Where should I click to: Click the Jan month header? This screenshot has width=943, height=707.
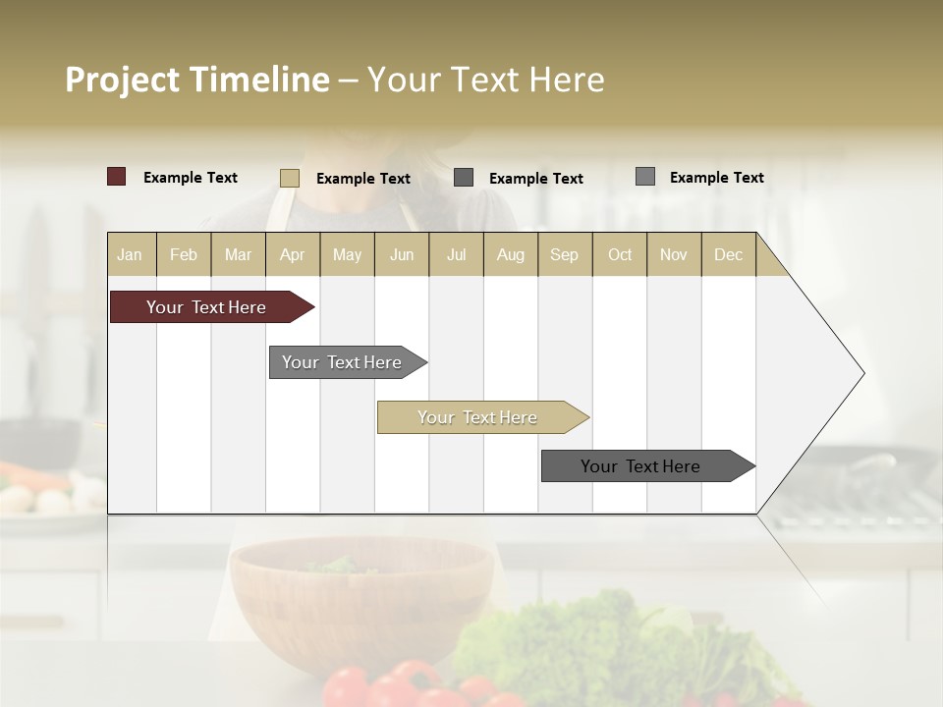[x=130, y=254]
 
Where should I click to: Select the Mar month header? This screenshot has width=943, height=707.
[x=238, y=254]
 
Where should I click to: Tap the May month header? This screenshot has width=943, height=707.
[x=347, y=254]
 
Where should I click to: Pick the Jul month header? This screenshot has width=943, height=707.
[x=456, y=254]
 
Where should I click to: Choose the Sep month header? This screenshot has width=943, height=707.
[x=564, y=254]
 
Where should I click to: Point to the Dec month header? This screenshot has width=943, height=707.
[x=728, y=254]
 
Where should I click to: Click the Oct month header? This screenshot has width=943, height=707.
[x=620, y=254]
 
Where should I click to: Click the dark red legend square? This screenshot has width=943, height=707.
[x=117, y=177]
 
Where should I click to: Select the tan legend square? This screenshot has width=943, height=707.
[x=290, y=178]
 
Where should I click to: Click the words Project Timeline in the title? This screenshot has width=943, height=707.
[x=197, y=80]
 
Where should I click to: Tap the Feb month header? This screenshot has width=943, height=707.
[x=184, y=254]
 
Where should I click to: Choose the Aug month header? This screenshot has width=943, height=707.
[x=510, y=254]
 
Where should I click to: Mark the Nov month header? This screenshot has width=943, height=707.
[x=674, y=254]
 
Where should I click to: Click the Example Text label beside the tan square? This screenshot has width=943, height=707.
[x=363, y=179]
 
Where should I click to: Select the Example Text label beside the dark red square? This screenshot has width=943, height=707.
[x=191, y=178]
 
